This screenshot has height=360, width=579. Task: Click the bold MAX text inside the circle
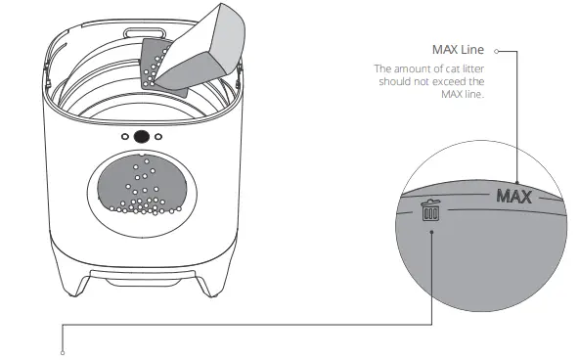[512, 197]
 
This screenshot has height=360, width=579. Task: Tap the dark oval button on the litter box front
[142, 137]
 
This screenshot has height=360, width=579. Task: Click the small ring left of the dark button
[124, 137]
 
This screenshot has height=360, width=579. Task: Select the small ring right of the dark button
[159, 137]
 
